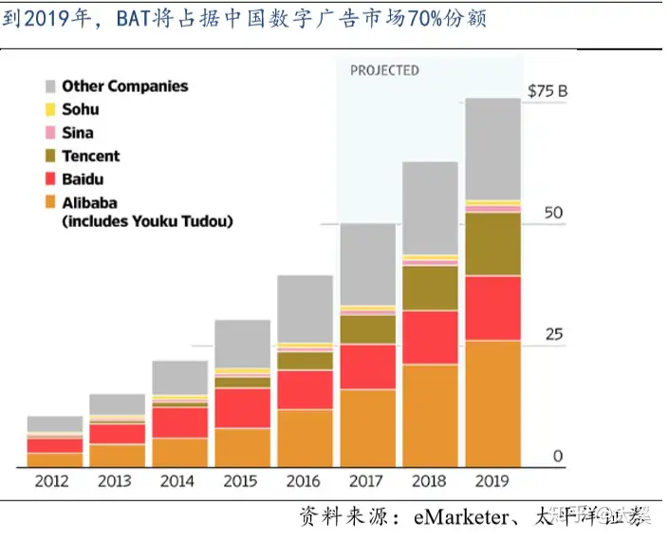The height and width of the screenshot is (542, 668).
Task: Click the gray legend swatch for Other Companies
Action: pyautogui.click(x=50, y=86)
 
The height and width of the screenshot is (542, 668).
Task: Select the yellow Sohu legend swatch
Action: pyautogui.click(x=50, y=109)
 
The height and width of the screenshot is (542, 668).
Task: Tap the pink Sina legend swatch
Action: pyautogui.click(x=50, y=133)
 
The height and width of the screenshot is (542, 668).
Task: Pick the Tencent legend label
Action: pyautogui.click(x=91, y=156)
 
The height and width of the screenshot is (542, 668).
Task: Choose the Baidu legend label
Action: pyautogui.click(x=83, y=178)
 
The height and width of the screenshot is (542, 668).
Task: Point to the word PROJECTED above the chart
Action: pyautogui.click(x=384, y=70)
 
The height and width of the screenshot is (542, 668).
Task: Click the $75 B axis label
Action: pyautogui.click(x=547, y=92)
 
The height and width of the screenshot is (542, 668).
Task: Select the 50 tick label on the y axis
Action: pyautogui.click(x=552, y=213)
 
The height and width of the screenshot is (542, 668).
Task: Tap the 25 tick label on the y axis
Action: pyautogui.click(x=552, y=334)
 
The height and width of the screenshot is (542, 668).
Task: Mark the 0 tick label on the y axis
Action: pyautogui.click(x=558, y=457)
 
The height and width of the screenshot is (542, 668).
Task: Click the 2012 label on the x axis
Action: pyautogui.click(x=52, y=481)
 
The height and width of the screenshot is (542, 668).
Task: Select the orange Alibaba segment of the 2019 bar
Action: pyautogui.click(x=492, y=403)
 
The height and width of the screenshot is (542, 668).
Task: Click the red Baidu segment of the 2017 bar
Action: pyautogui.click(x=367, y=366)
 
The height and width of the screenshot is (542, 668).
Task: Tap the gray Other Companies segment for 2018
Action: pyautogui.click(x=430, y=207)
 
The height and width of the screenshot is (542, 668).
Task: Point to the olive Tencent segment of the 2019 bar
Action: pyautogui.click(x=492, y=244)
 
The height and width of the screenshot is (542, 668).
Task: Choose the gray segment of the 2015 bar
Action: pyautogui.click(x=242, y=343)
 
